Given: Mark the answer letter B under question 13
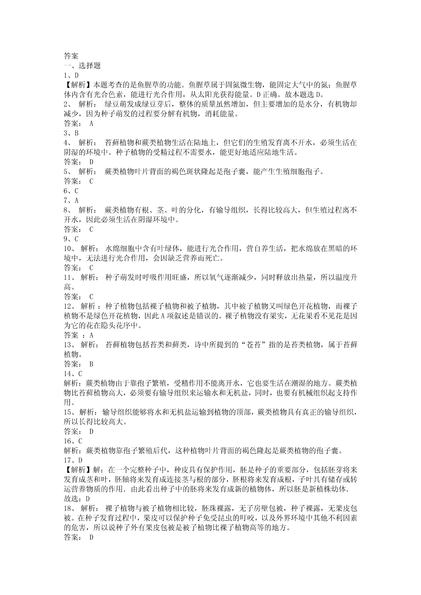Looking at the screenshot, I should tap(91, 364).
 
